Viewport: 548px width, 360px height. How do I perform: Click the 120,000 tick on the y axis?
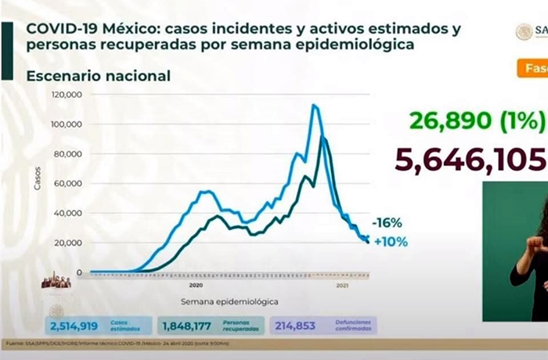pyautogui.click(x=69, y=95)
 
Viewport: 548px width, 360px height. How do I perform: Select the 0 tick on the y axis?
pyautogui.click(x=80, y=272)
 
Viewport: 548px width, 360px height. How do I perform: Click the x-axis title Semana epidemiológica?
pyautogui.click(x=229, y=301)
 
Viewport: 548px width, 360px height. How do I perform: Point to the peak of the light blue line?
pyautogui.click(x=314, y=105)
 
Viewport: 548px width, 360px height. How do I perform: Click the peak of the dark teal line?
pyautogui.click(x=323, y=138)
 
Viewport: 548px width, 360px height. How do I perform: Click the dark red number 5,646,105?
pyautogui.click(x=470, y=160)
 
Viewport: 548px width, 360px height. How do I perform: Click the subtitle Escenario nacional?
pyautogui.click(x=98, y=76)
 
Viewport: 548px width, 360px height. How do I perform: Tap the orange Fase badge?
pyautogui.click(x=532, y=68)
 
